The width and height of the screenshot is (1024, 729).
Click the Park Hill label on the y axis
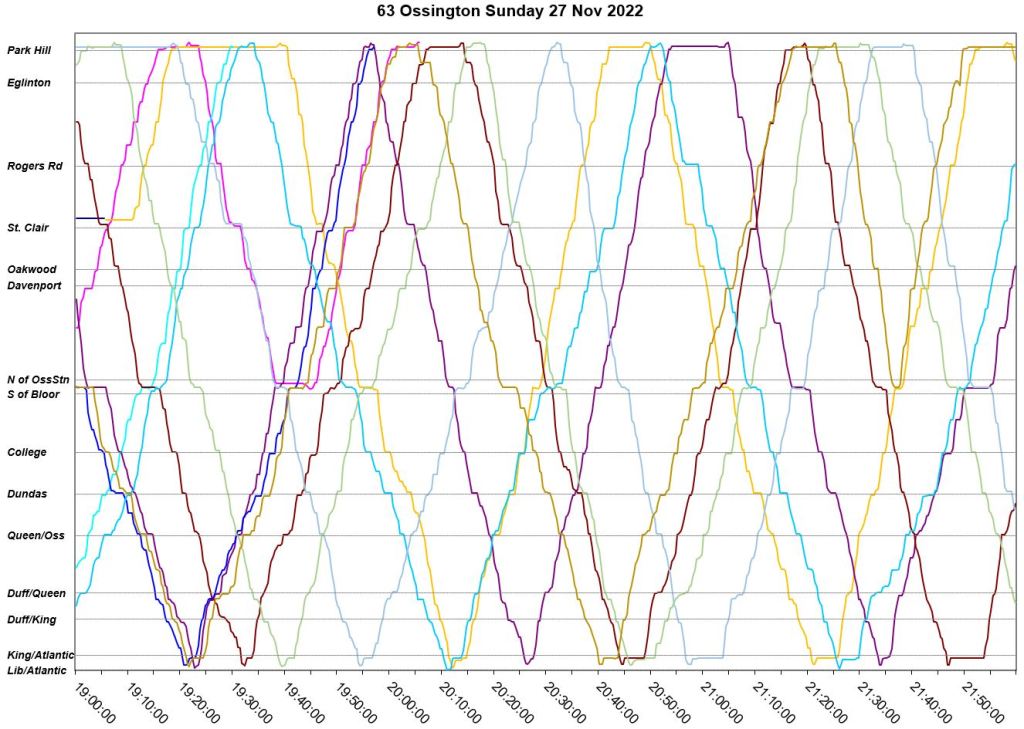click(29, 50)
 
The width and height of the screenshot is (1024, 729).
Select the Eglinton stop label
click(29, 83)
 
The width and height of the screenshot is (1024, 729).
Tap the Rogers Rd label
click(35, 166)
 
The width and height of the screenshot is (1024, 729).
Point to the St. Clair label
click(29, 228)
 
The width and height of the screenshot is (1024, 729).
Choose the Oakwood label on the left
click(32, 270)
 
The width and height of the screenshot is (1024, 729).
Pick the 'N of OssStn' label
click(38, 380)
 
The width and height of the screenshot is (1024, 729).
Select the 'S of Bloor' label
click(33, 395)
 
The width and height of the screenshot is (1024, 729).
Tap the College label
click(27, 453)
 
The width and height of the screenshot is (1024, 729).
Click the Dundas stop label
click(27, 494)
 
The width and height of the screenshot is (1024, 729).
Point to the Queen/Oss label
click(36, 536)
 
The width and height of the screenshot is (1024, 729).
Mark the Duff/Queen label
click(36, 594)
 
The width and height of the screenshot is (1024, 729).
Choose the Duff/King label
click(32, 620)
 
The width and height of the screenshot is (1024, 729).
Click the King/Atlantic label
click(40, 655)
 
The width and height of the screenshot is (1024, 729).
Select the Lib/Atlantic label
click(37, 670)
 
